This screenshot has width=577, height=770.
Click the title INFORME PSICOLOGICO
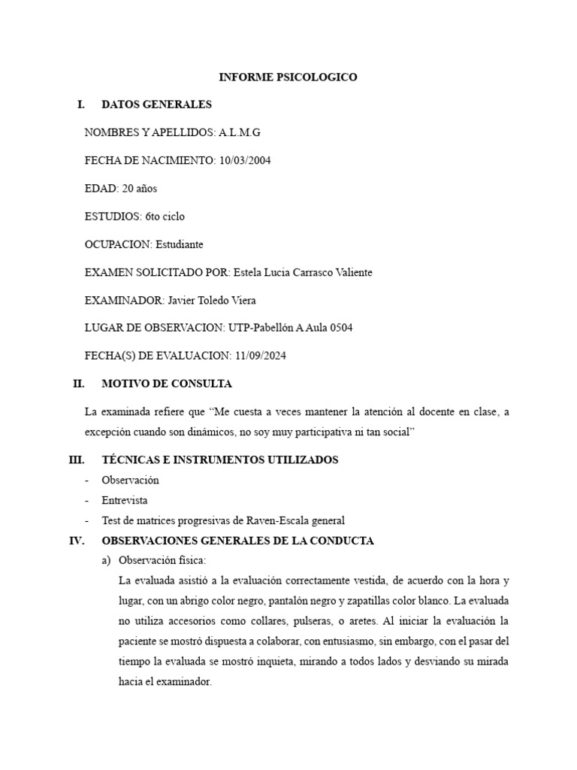point(288,77)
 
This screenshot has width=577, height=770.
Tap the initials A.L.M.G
point(240,132)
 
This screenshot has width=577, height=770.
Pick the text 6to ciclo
point(165,217)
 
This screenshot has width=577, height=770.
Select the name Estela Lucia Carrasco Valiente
point(303,272)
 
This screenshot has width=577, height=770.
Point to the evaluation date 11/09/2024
point(259,356)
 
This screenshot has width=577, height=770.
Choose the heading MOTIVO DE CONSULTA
point(167,383)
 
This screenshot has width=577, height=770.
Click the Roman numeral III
point(76,459)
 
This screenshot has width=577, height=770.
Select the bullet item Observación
point(131,480)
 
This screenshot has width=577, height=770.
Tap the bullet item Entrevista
point(125,500)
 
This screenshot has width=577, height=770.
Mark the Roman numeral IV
point(76,541)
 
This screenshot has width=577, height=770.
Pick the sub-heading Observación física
point(162,561)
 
